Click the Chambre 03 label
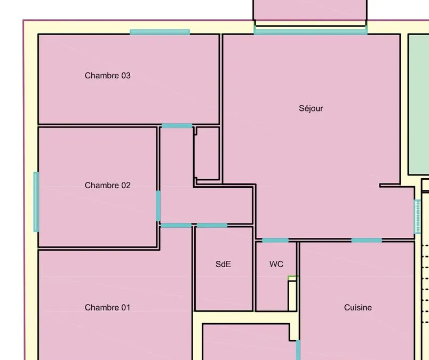click(108, 76)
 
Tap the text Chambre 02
click(108, 185)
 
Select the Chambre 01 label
click(108, 308)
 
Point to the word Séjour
click(311, 108)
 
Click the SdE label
click(223, 264)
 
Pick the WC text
click(276, 264)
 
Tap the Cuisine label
click(358, 308)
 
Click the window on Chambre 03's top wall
click(160, 32)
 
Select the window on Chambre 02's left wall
click(36, 202)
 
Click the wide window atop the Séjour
click(311, 30)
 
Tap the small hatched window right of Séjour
click(417, 217)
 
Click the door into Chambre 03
click(177, 126)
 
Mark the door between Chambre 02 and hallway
click(158, 206)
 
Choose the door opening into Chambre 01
click(176, 226)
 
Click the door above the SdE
click(212, 226)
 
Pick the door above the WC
click(275, 241)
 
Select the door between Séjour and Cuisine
click(367, 241)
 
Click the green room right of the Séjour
click(419, 105)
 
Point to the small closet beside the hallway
click(208, 153)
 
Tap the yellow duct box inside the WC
click(292, 295)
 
